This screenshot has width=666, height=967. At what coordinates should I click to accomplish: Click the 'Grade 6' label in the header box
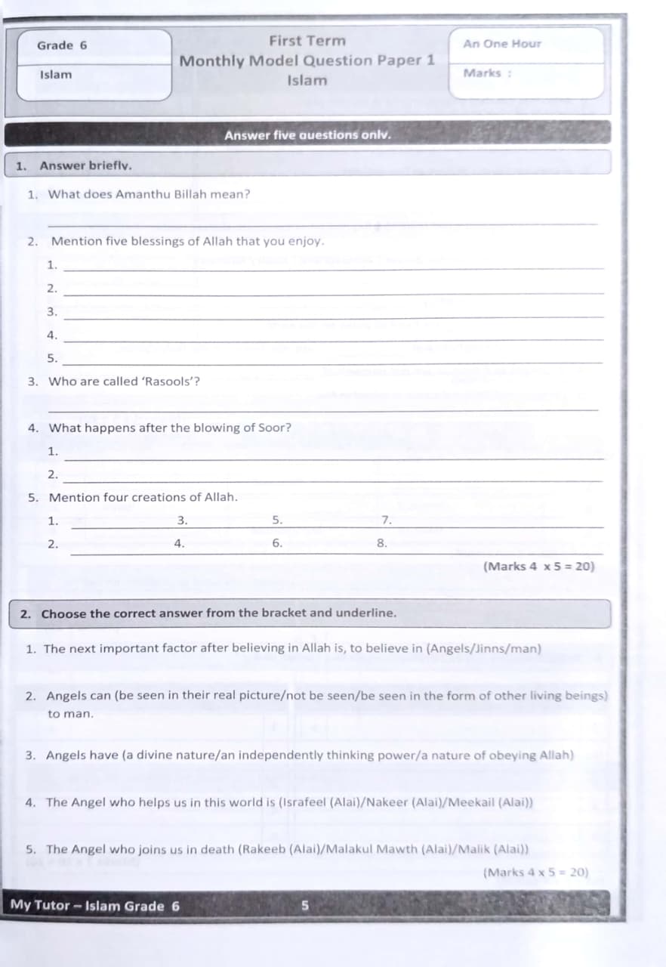pyautogui.click(x=62, y=45)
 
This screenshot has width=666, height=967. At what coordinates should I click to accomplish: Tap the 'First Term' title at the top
pyautogui.click(x=307, y=41)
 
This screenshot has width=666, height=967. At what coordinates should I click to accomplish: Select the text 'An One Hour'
pyautogui.click(x=502, y=44)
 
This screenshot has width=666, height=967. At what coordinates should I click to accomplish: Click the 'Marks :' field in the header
pyautogui.click(x=487, y=73)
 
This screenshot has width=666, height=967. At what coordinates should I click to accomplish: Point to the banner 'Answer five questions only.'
pyautogui.click(x=307, y=135)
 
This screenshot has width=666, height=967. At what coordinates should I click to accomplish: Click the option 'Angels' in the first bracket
pyautogui.click(x=452, y=649)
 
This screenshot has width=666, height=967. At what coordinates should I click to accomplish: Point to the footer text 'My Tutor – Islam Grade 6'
pyautogui.click(x=95, y=905)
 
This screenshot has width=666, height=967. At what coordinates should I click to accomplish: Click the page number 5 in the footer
pyautogui.click(x=306, y=904)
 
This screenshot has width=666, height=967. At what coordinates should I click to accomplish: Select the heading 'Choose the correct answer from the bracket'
pyautogui.click(x=218, y=613)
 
